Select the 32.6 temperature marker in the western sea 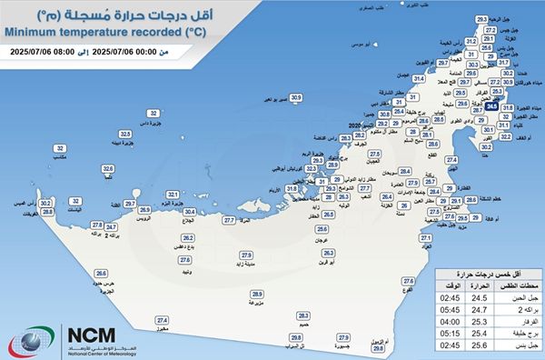(x=107, y=169)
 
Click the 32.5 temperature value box (x=126, y=134)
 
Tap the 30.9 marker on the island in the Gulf (x=295, y=96)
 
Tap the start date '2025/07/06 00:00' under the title (x=134, y=52)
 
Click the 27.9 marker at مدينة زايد (x=245, y=255)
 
